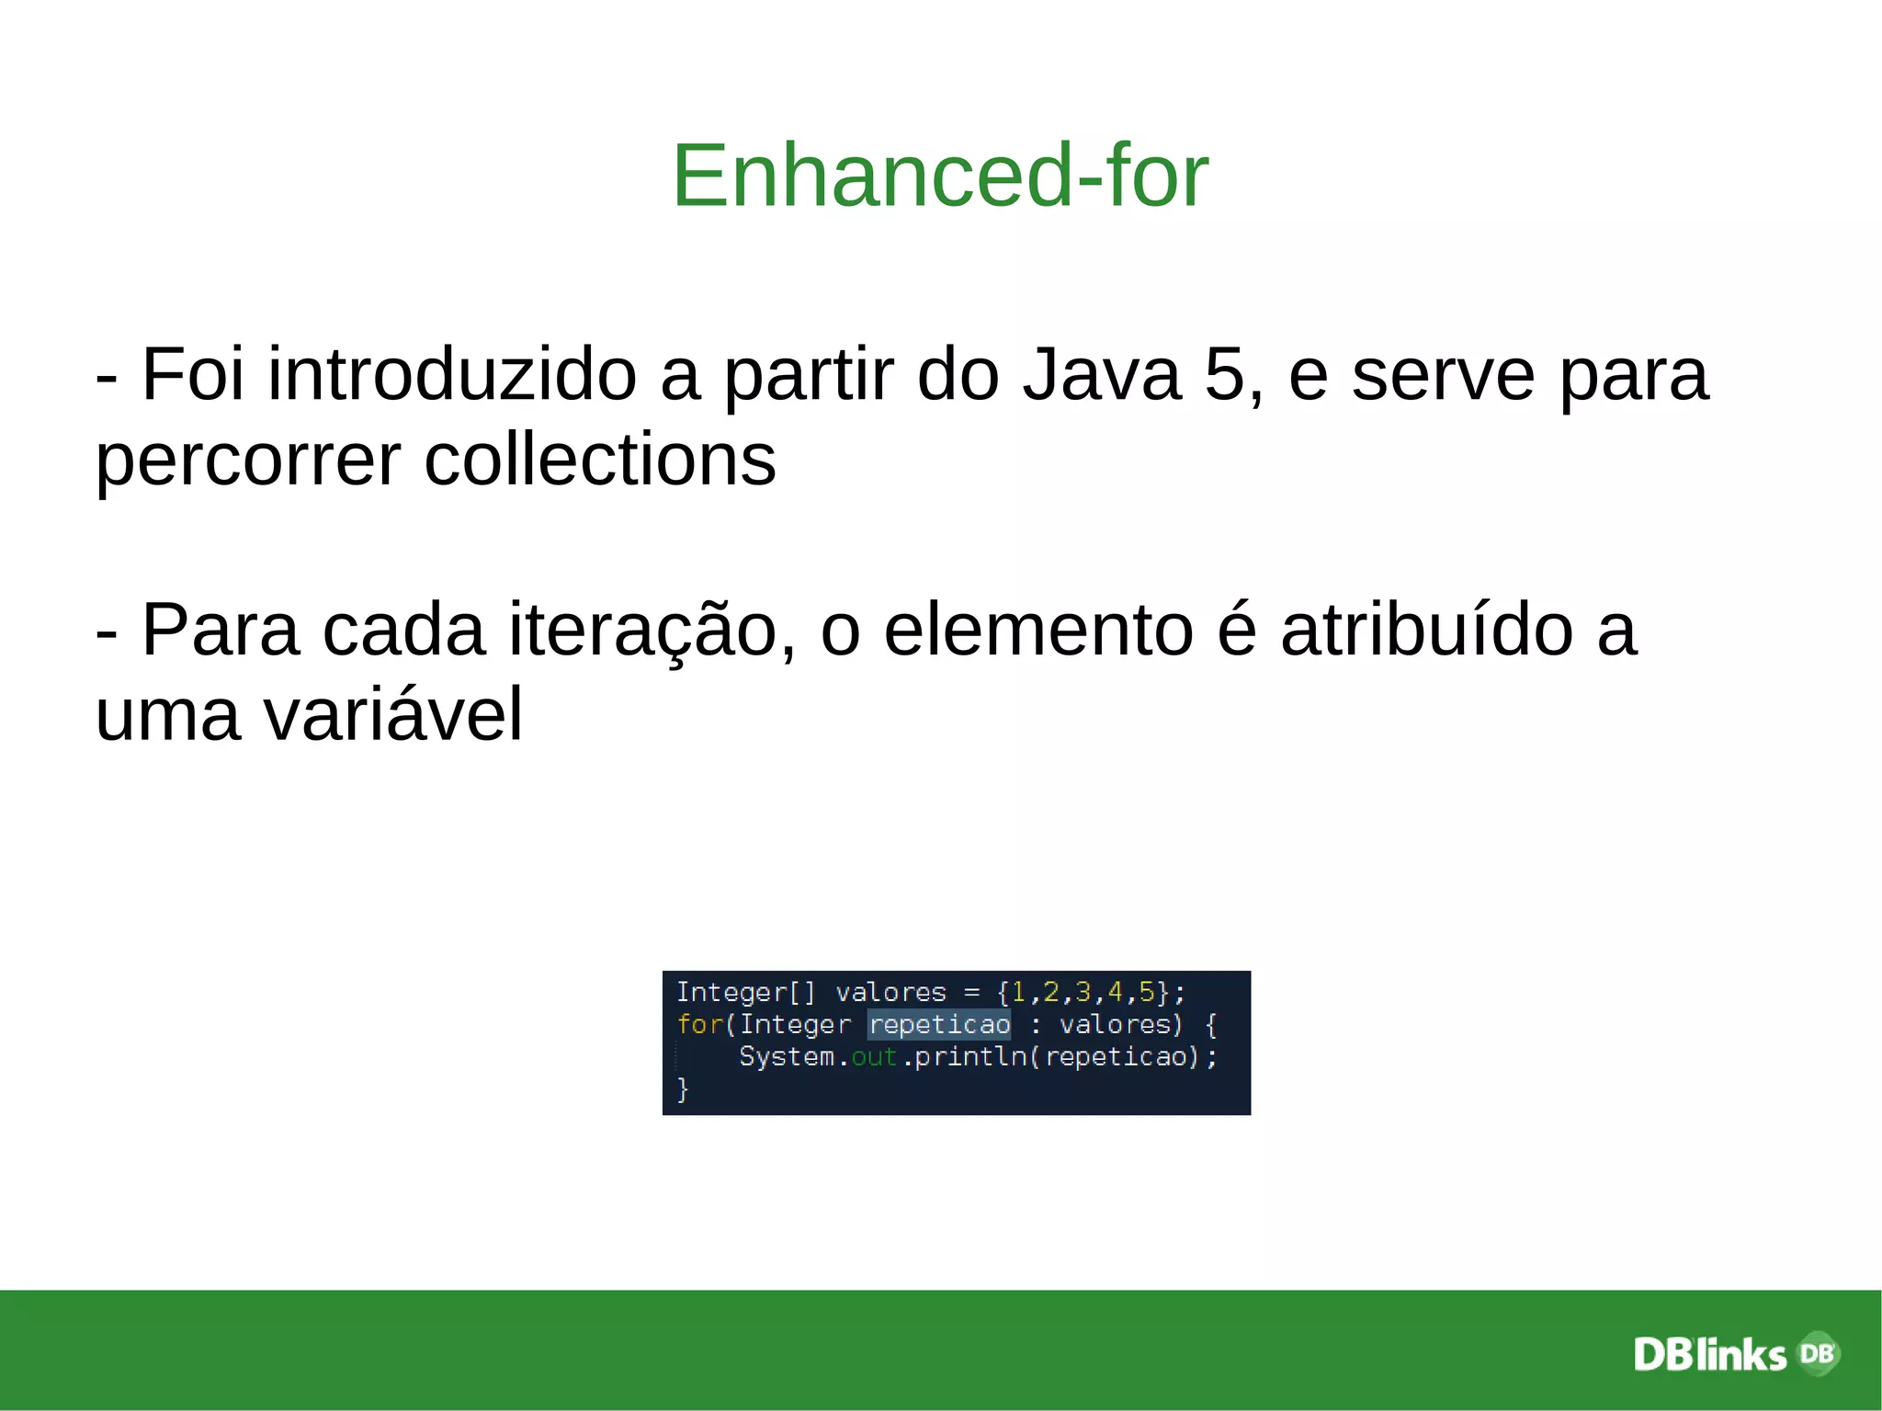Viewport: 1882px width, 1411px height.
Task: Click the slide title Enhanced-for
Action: point(940,176)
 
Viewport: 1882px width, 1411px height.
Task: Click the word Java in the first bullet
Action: point(1102,374)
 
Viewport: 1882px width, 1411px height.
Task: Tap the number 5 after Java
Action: point(1223,374)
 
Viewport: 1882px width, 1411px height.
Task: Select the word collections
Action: point(599,459)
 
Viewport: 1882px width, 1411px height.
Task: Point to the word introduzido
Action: point(452,374)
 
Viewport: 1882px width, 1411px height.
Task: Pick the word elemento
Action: point(1037,631)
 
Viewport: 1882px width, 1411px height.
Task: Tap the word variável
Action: point(393,714)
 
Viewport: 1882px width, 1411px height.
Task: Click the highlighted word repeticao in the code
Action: point(939,1024)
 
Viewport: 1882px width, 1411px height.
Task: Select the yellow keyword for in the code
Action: point(699,1024)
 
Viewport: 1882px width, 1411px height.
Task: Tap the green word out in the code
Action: point(873,1057)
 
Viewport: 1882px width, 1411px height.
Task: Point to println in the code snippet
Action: point(970,1057)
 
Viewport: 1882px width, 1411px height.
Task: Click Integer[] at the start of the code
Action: point(745,993)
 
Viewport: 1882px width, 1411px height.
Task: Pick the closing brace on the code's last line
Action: point(682,1089)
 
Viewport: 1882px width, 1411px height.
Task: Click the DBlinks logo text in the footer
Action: point(1709,1355)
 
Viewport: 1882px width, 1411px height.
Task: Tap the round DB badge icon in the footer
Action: point(1817,1353)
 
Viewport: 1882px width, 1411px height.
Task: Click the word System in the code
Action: point(787,1057)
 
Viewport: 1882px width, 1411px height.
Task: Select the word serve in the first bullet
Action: point(1442,374)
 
